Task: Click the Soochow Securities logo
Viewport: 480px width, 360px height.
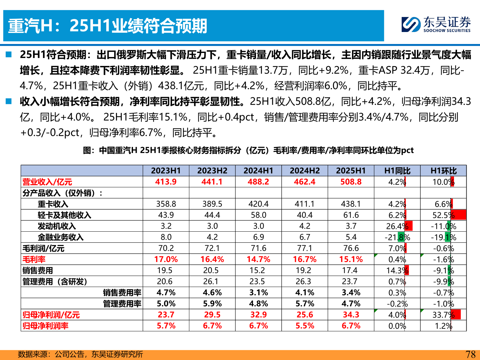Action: pyautogui.click(x=436, y=24)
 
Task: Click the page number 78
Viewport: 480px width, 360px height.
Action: pyautogui.click(x=470, y=354)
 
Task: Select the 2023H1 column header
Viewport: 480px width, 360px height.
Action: pyautogui.click(x=166, y=171)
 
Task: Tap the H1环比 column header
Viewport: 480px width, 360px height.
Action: pyautogui.click(x=443, y=171)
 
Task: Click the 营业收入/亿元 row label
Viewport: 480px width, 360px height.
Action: pyautogui.click(x=47, y=182)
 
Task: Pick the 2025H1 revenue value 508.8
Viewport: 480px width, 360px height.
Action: pyautogui.click(x=351, y=182)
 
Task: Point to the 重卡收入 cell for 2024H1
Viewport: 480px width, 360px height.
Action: pyautogui.click(x=258, y=204)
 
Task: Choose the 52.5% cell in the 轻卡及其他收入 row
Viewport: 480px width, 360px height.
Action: pyautogui.click(x=443, y=215)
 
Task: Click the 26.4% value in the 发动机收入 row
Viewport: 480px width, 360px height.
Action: pyautogui.click(x=397, y=226)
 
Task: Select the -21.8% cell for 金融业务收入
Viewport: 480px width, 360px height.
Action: pyautogui.click(x=397, y=237)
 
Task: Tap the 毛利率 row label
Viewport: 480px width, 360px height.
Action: pyautogui.click(x=34, y=259)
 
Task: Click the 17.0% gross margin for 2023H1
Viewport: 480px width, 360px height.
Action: pyautogui.click(x=166, y=259)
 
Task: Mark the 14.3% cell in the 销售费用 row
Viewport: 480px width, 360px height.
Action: pyautogui.click(x=397, y=271)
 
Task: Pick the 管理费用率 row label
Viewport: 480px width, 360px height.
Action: pyautogui.click(x=122, y=304)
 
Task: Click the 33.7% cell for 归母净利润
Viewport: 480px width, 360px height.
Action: pyautogui.click(x=443, y=315)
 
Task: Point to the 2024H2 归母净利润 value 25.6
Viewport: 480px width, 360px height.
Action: pyautogui.click(x=305, y=315)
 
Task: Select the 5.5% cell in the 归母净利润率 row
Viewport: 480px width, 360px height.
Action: pyautogui.click(x=305, y=326)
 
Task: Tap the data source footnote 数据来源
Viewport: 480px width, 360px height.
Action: pyautogui.click(x=80, y=354)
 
